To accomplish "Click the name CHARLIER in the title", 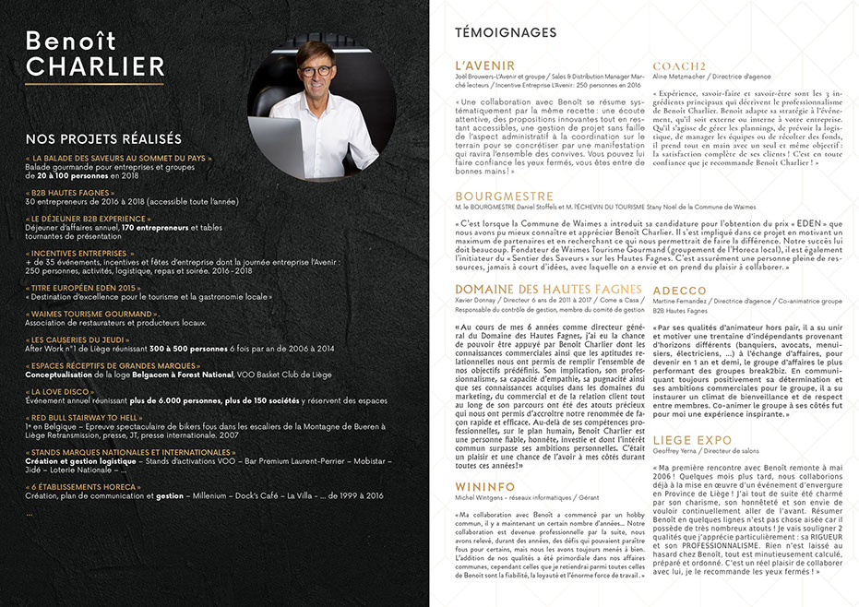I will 95,66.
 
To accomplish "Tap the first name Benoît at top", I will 70,40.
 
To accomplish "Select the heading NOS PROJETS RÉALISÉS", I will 103,139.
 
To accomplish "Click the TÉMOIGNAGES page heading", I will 506,33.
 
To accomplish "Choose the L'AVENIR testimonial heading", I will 485,65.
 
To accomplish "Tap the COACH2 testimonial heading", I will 680,65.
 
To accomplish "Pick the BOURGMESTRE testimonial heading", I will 504,196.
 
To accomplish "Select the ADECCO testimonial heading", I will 679,291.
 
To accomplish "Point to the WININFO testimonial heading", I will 485,485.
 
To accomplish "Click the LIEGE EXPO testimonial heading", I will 692,440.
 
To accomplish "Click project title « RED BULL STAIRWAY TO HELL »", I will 84,418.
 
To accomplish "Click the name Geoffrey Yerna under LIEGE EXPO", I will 678,452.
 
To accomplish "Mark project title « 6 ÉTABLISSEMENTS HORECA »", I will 83,486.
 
